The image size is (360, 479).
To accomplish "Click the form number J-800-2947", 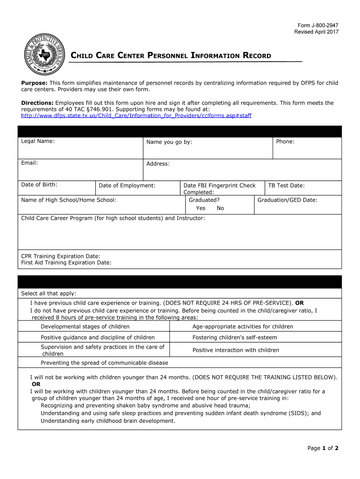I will click(318, 25).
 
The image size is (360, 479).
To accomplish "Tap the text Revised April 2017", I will click(316, 32).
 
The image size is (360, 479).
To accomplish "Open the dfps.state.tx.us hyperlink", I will click(136, 115).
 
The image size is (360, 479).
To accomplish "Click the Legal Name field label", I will click(38, 141).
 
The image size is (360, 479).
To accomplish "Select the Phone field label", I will click(285, 141).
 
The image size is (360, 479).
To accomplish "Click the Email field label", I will click(29, 163).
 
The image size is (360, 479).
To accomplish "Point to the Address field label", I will click(158, 164).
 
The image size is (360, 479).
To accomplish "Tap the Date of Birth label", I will click(39, 185).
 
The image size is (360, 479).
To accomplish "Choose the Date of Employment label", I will click(127, 186).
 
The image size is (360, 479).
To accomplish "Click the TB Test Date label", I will click(286, 186).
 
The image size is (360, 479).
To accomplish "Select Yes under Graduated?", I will click(201, 208).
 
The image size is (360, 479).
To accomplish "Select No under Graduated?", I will click(220, 208).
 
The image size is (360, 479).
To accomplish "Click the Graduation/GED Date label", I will click(288, 200).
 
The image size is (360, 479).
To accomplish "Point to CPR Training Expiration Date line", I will click(61, 256).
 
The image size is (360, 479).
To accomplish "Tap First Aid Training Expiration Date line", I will click(66, 263).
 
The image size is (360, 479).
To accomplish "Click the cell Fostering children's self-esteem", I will click(235, 337).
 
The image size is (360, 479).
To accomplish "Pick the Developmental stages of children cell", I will click(85, 327).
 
